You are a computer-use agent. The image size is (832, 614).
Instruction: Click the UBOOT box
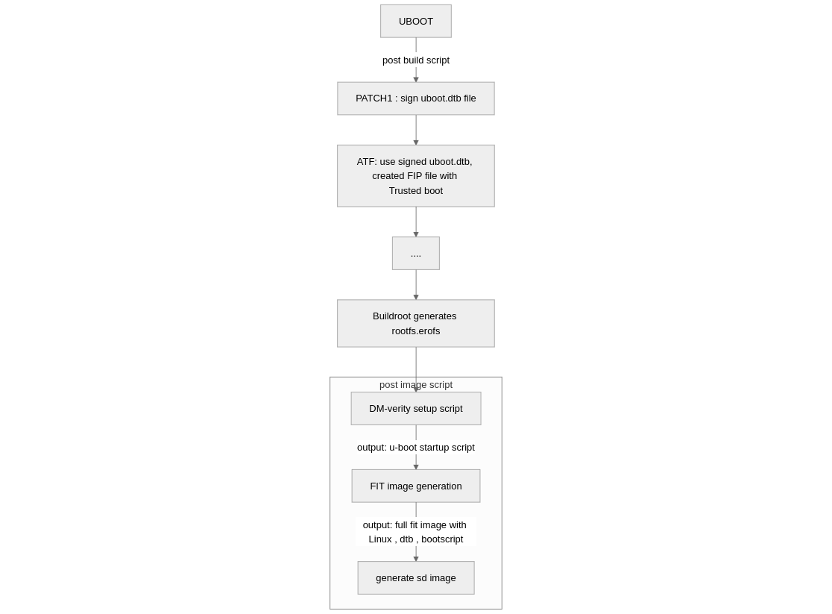pyautogui.click(x=416, y=21)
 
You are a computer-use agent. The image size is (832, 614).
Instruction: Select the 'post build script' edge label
pyautogui.click(x=416, y=60)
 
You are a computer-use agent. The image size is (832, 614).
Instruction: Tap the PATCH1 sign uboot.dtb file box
pyautogui.click(x=416, y=98)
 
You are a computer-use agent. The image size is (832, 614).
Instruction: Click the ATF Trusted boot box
pyautogui.click(x=416, y=176)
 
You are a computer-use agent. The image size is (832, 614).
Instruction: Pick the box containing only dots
pyautogui.click(x=416, y=254)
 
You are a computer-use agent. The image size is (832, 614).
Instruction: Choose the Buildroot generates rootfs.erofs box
pyautogui.click(x=416, y=324)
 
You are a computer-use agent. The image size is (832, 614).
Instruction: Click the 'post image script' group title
pyautogui.click(x=416, y=384)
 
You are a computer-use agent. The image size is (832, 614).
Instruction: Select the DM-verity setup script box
pyautogui.click(x=416, y=408)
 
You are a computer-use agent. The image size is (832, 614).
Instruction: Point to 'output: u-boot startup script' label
pyautogui.click(x=416, y=447)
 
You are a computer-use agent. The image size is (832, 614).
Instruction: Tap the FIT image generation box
pyautogui.click(x=416, y=486)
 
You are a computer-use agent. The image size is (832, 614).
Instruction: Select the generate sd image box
pyautogui.click(x=416, y=578)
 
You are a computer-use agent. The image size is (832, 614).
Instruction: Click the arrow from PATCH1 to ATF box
pyautogui.click(x=416, y=130)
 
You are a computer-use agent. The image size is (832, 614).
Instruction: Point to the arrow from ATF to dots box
pyautogui.click(x=416, y=222)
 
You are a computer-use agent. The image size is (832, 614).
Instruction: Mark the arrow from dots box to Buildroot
pyautogui.click(x=416, y=285)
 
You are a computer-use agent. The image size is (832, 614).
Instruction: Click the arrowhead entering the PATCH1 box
pyautogui.click(x=416, y=80)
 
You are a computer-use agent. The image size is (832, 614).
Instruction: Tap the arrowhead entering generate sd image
pyautogui.click(x=416, y=559)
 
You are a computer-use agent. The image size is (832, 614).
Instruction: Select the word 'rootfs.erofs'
pyautogui.click(x=416, y=331)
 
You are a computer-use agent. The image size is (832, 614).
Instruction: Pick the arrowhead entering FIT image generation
pyautogui.click(x=416, y=467)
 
